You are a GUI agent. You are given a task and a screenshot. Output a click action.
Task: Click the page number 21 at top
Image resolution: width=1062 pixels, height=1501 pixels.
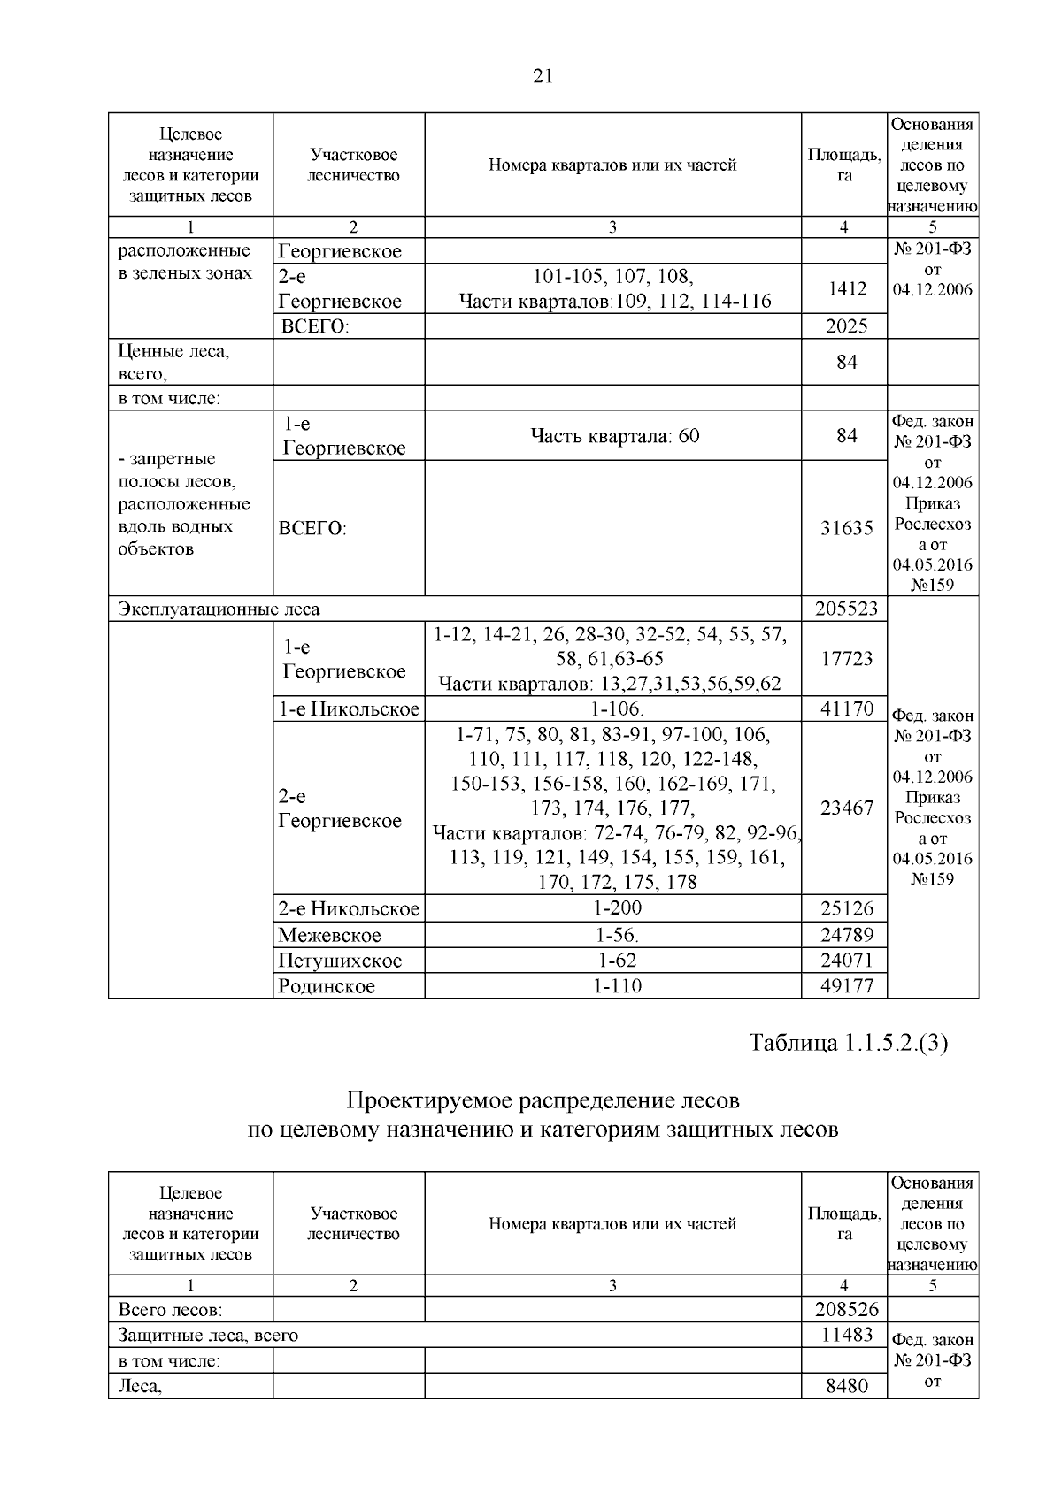pyautogui.click(x=543, y=77)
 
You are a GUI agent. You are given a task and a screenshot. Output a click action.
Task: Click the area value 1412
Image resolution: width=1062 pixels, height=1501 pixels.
pyautogui.click(x=846, y=288)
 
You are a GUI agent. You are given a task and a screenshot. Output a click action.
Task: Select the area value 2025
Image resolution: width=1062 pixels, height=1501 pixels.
pyautogui.click(x=846, y=325)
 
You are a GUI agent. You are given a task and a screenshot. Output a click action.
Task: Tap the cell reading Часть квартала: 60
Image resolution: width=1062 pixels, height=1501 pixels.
pyautogui.click(x=613, y=435)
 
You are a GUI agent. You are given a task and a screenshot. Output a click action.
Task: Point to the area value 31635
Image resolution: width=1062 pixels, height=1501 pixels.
pyautogui.click(x=846, y=528)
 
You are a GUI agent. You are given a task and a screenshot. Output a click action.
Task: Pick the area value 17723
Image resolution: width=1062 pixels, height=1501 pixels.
pyautogui.click(x=846, y=659)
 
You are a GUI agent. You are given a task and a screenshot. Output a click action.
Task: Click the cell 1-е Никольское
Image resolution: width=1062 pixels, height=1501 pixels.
pyautogui.click(x=349, y=708)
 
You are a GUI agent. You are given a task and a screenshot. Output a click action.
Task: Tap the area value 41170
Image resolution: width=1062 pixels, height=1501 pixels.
pyautogui.click(x=846, y=708)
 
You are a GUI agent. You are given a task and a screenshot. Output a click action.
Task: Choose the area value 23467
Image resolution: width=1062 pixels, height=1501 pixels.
pyautogui.click(x=846, y=808)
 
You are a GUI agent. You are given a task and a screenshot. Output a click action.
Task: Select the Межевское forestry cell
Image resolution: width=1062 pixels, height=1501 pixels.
pyautogui.click(x=329, y=935)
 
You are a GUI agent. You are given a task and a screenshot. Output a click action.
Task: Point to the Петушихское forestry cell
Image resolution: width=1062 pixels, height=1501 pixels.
pyautogui.click(x=339, y=961)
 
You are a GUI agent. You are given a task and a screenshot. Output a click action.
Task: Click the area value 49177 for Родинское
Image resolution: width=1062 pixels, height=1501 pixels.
pyautogui.click(x=846, y=986)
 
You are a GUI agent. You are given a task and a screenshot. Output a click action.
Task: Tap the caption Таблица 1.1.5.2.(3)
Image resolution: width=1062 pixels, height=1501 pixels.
pyautogui.click(x=848, y=1043)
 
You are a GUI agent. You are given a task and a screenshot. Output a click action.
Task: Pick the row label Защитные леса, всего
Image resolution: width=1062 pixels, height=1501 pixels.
pyautogui.click(x=208, y=1335)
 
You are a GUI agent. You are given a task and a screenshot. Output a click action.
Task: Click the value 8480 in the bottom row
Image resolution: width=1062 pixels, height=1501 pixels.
pyautogui.click(x=846, y=1386)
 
